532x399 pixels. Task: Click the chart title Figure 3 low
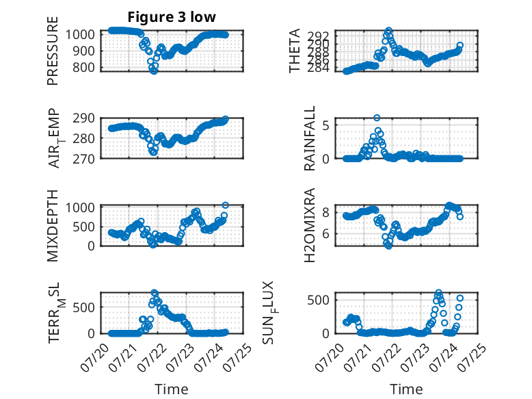tap(172, 17)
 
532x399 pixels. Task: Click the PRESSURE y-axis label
tap(53, 51)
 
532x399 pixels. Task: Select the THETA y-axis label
tap(295, 51)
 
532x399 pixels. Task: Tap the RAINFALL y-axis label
tap(310, 138)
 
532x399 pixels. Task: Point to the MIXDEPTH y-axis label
tap(53, 226)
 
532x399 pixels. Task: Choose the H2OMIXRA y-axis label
tap(310, 225)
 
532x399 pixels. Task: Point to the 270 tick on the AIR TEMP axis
tap(84, 159)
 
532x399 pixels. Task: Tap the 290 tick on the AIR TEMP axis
tap(84, 118)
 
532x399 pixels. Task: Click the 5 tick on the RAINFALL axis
tap(326, 125)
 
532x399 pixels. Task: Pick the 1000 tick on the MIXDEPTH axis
tap(81, 207)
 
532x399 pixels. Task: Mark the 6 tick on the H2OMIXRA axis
tap(326, 234)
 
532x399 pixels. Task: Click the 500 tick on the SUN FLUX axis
tap(318, 300)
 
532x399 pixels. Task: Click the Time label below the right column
tap(406, 389)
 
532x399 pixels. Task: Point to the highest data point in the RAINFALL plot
tap(377, 118)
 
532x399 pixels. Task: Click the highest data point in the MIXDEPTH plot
tap(225, 205)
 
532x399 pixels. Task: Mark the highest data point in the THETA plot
tap(389, 31)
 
